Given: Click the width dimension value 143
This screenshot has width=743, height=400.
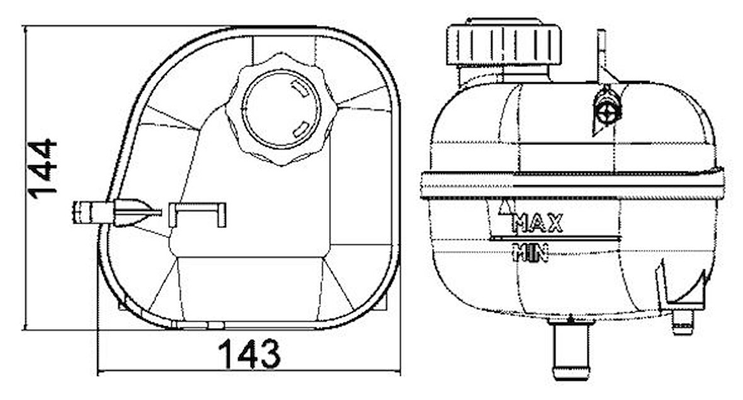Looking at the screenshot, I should [x=250, y=355].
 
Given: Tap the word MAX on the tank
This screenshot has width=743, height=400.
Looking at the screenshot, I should [x=537, y=223].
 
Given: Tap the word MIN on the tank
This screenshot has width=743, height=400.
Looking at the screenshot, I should [x=531, y=253].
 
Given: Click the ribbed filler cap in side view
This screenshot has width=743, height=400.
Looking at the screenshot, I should [x=503, y=43].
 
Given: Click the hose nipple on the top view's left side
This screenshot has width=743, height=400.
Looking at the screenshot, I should [x=94, y=211].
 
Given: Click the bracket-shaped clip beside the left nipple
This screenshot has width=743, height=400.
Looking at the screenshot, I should [x=198, y=213].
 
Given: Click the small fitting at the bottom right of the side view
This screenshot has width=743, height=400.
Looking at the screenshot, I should [x=683, y=321].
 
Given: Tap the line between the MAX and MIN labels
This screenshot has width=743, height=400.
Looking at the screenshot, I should [x=553, y=239].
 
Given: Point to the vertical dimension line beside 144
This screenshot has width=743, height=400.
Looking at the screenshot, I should [x=24, y=176].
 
